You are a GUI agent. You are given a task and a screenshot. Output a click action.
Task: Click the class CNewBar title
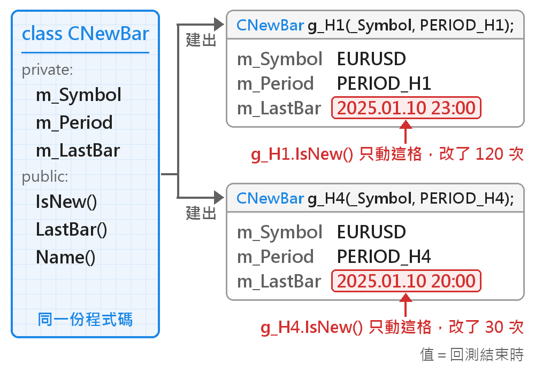click(85, 34)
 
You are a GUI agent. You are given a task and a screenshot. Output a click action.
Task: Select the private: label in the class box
click(48, 70)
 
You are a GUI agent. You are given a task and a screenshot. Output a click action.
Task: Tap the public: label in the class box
click(45, 176)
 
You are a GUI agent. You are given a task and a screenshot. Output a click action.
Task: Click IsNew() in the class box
click(66, 201)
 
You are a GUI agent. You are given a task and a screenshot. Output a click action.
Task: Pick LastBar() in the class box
click(72, 229)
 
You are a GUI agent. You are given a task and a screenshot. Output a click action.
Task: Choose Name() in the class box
click(65, 258)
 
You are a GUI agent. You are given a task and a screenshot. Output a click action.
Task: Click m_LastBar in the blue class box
click(78, 151)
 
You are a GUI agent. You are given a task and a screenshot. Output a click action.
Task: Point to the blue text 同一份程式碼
click(85, 320)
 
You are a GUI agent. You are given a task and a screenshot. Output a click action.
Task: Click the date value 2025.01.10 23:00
click(406, 108)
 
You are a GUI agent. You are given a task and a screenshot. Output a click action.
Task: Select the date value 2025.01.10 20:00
click(406, 281)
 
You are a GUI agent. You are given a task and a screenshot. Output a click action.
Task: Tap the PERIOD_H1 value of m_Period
click(384, 83)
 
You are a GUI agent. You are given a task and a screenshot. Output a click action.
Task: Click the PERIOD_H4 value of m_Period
click(384, 257)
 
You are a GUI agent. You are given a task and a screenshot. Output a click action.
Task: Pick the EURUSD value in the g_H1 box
click(371, 59)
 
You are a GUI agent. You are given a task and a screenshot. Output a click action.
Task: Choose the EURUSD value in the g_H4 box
click(371, 232)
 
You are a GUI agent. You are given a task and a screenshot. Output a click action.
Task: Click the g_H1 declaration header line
click(375, 25)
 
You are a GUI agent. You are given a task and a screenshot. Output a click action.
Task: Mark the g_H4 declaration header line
click(375, 198)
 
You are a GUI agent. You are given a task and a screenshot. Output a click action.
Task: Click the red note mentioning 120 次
click(387, 154)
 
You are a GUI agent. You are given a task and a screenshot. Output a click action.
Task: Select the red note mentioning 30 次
click(392, 328)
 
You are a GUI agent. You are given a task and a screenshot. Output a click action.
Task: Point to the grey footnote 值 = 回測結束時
click(472, 355)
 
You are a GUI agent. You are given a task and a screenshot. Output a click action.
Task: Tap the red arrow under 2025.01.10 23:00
click(406, 131)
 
